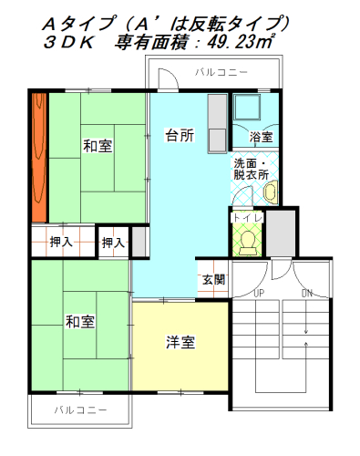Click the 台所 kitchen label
click(x=179, y=135)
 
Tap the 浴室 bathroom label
click(x=261, y=137)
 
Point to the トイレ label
click(x=246, y=218)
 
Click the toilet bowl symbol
click(x=246, y=241)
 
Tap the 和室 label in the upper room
click(x=97, y=145)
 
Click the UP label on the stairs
click(x=259, y=293)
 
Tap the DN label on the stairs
click(x=307, y=293)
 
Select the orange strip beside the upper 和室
click(x=39, y=157)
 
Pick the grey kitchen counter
click(x=217, y=123)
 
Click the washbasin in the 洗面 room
click(x=270, y=192)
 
